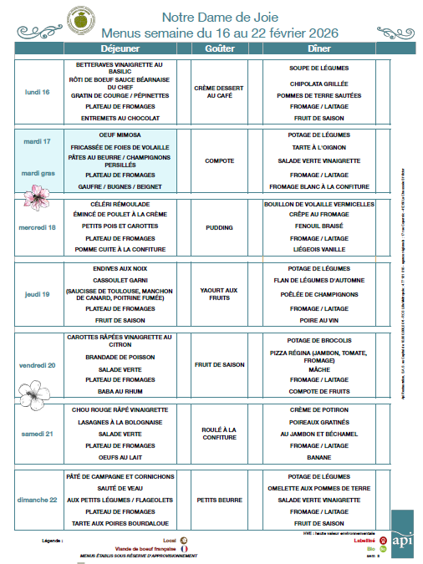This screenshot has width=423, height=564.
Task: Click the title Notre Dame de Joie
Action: [x=220, y=17]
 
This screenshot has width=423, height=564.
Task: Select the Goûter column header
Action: [x=219, y=49]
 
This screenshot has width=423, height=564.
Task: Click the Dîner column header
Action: [x=319, y=49]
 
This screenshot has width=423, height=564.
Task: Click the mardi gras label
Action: [x=38, y=174]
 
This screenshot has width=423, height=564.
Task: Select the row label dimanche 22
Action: [x=38, y=500]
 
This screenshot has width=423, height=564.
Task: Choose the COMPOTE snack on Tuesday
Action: [x=219, y=160]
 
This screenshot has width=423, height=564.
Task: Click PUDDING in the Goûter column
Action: [x=219, y=226]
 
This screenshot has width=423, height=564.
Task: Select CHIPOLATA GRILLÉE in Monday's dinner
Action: [x=319, y=84]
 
